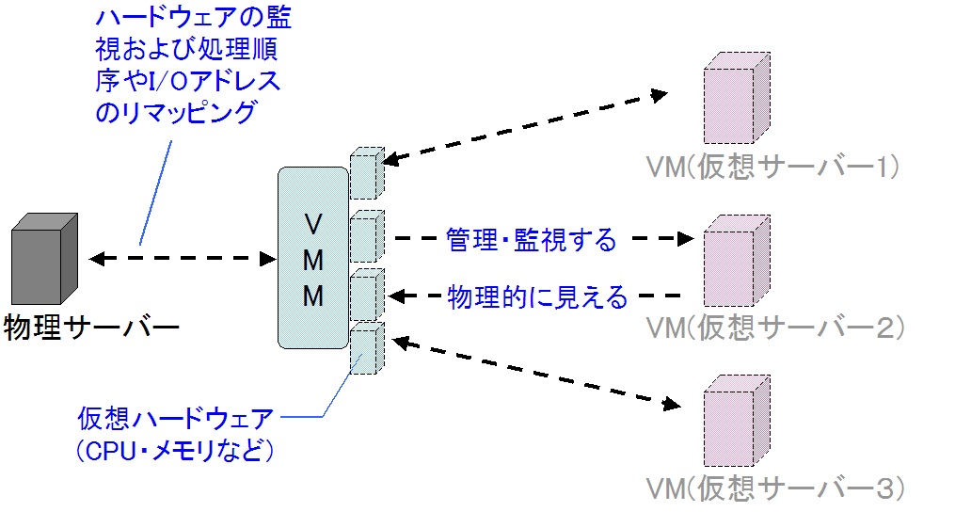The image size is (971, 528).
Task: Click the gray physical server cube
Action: pos(44,257)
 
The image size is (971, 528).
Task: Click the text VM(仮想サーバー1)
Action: pos(773,167)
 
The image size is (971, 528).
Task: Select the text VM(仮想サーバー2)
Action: pos(775,327)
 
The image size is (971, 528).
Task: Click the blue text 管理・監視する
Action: pos(532,240)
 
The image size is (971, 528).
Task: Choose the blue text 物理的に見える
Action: pos(536,296)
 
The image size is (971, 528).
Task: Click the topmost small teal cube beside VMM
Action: pos(365,173)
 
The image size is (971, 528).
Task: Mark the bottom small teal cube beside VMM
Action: pos(365,346)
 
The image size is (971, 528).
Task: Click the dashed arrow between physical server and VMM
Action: pos(178,257)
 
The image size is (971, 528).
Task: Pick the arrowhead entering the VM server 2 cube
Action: pos(686,239)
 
